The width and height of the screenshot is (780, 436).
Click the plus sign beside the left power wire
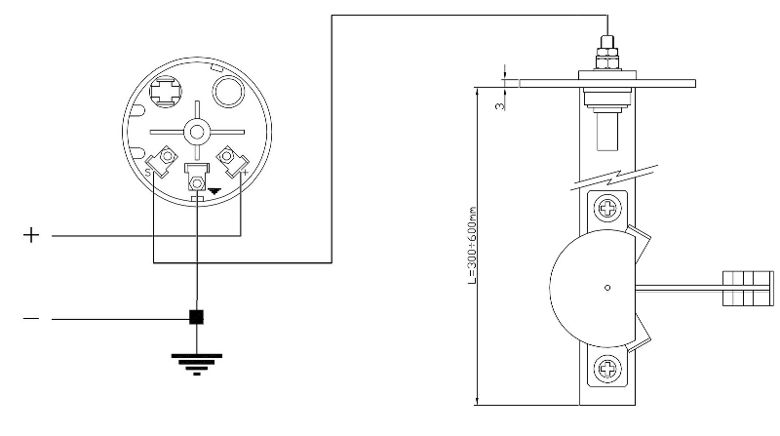[33, 236]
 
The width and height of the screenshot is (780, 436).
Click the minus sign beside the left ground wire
[33, 319]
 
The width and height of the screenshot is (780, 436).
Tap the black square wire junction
[196, 317]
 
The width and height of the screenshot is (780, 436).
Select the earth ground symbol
[196, 360]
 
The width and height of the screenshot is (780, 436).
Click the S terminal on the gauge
[166, 157]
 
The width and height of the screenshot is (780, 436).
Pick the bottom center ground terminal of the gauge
[197, 182]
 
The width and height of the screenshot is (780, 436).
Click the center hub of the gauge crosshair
[197, 131]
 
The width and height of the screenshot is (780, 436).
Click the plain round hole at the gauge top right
[230, 94]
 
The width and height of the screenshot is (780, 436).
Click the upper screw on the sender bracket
[608, 208]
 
